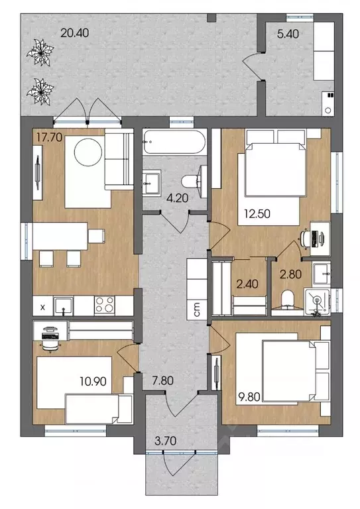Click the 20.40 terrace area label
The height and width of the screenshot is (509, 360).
tap(75, 33)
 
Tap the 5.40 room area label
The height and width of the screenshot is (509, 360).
tap(288, 34)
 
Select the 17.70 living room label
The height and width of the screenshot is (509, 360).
tap(49, 137)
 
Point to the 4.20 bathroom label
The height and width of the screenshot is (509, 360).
tap(177, 198)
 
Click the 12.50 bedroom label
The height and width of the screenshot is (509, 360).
tap(257, 214)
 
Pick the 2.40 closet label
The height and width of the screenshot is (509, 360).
tap(247, 284)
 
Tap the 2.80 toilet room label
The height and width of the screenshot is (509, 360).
tap(290, 274)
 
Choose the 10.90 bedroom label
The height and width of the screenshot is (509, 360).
tap(93, 381)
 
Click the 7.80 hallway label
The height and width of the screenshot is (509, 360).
tap(162, 380)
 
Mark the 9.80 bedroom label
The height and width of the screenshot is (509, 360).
tap(249, 397)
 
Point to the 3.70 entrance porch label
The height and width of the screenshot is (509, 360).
tap(166, 441)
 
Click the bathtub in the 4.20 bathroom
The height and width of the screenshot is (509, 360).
tap(174, 142)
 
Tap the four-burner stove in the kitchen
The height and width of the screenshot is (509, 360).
tap(104, 305)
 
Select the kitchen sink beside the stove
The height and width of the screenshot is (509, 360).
tap(63, 306)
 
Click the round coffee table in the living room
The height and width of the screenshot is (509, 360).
tap(88, 152)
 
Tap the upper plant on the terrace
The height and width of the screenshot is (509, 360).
tap(40, 52)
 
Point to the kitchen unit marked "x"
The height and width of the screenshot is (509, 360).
tap(43, 306)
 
